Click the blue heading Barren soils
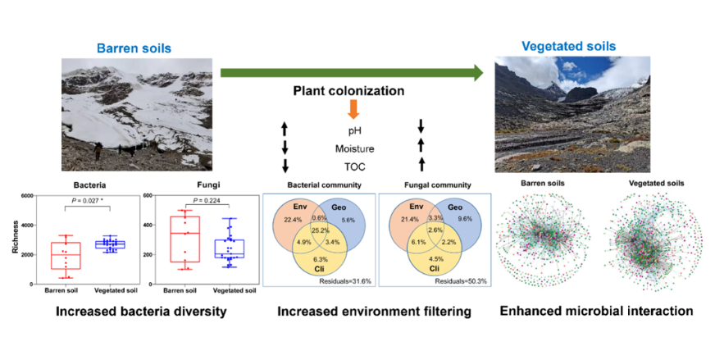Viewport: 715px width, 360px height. point(134,48)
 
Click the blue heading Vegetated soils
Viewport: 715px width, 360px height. point(568,46)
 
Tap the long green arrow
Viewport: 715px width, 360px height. point(352,73)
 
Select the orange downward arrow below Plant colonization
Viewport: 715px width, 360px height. point(353,109)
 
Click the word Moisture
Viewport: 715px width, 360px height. point(354,148)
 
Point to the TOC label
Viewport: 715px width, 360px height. point(354,167)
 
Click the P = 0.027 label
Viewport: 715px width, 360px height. point(88,200)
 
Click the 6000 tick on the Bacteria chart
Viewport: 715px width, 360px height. point(26,196)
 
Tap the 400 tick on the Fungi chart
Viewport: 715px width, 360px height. point(148,225)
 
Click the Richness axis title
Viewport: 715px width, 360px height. point(16,237)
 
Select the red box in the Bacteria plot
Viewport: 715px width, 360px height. point(66,256)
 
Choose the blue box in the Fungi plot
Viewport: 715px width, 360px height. point(230,248)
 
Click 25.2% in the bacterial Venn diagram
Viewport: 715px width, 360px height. point(321,231)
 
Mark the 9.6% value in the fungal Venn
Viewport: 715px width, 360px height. point(465,219)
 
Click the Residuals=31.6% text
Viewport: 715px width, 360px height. point(345,281)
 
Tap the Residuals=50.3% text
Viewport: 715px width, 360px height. point(461,281)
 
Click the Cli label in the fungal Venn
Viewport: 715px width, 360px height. point(435,269)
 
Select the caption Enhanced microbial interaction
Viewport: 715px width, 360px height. point(596,311)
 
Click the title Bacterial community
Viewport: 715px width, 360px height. point(324,185)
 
